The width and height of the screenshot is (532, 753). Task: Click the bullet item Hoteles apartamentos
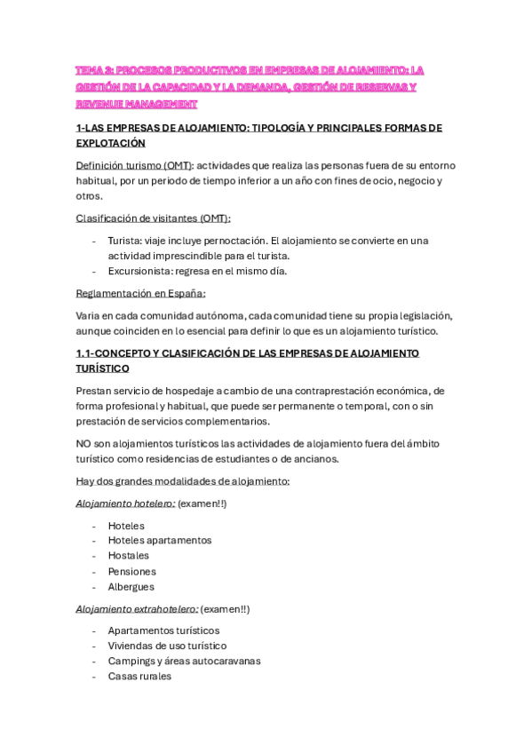click(160, 540)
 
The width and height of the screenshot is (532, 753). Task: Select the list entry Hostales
click(129, 556)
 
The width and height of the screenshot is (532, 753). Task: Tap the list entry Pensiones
click(131, 572)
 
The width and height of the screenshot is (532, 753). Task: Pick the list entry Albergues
click(131, 587)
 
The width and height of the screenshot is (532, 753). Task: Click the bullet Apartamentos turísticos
click(163, 630)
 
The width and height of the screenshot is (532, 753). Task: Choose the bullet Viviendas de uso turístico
click(167, 646)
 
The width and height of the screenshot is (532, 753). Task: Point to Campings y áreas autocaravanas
click(184, 661)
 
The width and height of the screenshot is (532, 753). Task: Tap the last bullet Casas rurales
click(139, 676)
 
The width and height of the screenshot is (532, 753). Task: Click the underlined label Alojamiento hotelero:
click(125, 503)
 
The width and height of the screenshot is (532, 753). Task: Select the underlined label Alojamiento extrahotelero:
click(137, 609)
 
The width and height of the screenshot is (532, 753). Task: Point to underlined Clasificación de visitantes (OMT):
click(153, 218)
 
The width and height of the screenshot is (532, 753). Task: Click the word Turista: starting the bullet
click(125, 241)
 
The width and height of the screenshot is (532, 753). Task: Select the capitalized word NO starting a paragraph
click(84, 444)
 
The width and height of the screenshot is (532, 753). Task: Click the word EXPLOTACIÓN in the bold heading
click(111, 143)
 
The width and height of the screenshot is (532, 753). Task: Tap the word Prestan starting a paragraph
click(96, 391)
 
